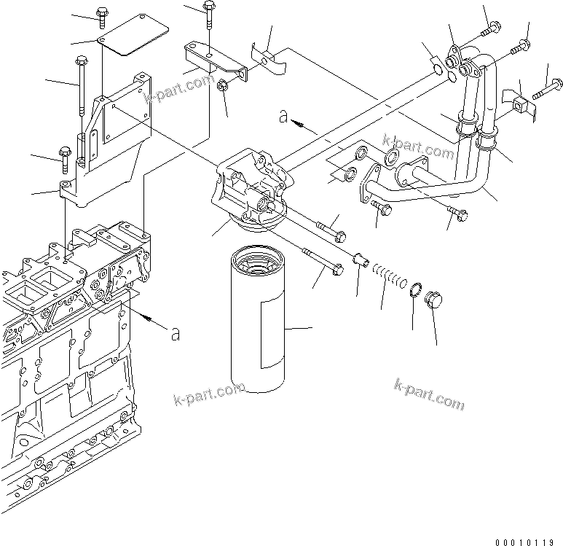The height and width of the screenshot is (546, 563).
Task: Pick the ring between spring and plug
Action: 413,290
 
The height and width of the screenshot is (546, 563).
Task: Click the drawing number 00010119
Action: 529,539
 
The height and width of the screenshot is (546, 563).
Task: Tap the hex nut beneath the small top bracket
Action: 223,87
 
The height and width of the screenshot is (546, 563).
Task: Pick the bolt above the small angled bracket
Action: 209,15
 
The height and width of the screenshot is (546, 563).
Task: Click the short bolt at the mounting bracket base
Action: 64,154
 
